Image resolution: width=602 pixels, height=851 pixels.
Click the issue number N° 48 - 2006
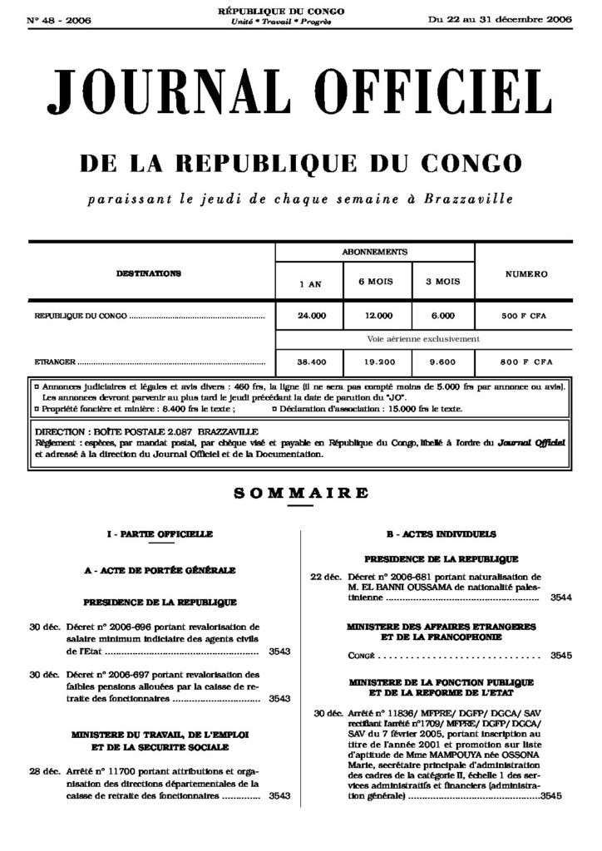[58, 20]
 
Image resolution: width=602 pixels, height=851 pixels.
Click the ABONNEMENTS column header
[374, 250]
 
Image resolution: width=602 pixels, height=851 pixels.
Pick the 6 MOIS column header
[375, 282]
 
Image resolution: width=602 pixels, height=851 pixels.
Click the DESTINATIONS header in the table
[149, 273]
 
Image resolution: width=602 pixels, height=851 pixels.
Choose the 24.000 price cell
[312, 317]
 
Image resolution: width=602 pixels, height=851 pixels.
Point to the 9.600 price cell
[443, 362]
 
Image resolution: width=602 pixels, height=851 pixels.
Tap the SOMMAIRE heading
[300, 493]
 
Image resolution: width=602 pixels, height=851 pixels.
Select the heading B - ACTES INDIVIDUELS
[442, 534]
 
